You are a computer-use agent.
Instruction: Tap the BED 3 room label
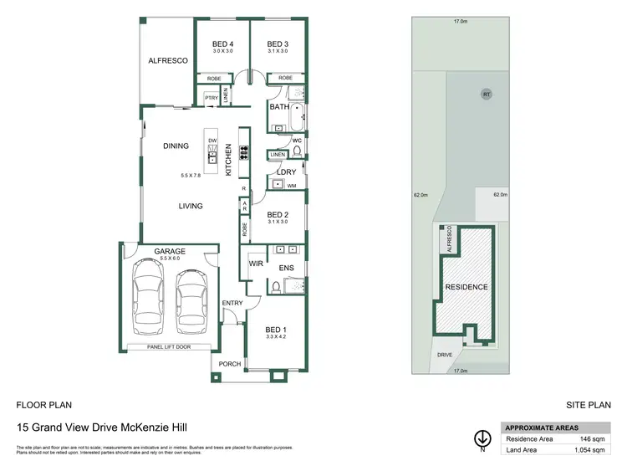point(277,44)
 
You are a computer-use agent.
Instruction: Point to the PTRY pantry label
point(212,99)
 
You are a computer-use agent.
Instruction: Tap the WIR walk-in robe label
point(256,264)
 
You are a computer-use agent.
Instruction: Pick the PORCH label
point(229,364)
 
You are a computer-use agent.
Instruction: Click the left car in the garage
point(150,300)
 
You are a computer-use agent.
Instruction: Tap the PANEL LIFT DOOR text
point(170,346)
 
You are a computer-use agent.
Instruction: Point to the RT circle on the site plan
point(486,95)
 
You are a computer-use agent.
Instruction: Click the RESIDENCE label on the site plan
point(466,287)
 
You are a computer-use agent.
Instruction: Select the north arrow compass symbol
point(482,438)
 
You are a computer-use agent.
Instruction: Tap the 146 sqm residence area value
point(591,438)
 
